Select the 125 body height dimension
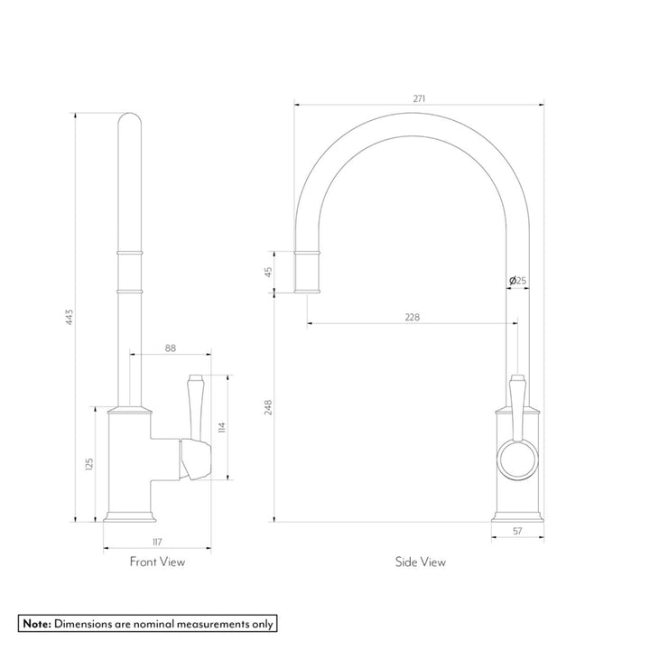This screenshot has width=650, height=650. [88, 464]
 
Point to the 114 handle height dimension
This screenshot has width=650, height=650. [222, 426]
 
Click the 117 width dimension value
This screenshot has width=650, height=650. [157, 542]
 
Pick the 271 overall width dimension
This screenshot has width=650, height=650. [420, 97]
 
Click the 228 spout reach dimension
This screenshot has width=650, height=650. [412, 317]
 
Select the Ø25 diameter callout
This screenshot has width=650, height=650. [518, 281]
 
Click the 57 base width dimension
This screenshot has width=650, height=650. [517, 532]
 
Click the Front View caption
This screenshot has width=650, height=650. [158, 562]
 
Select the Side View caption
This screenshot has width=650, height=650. [420, 562]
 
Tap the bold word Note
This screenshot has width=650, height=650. [36, 623]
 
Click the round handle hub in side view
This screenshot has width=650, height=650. [516, 459]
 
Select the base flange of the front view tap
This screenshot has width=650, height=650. [131, 517]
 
